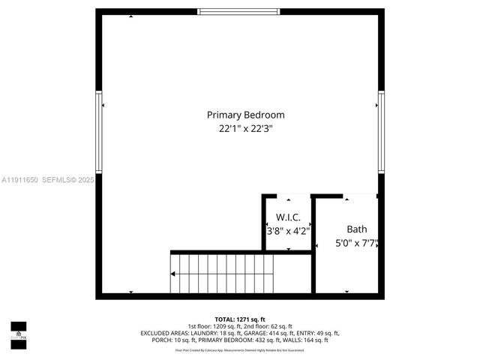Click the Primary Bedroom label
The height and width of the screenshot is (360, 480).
coord(245,115)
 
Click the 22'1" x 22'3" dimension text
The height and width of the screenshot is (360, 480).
coord(245,128)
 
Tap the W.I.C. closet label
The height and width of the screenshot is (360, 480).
coord(288,217)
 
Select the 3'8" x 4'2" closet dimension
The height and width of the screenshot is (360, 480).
coord(288,231)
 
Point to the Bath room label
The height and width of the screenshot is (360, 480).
coord(356,229)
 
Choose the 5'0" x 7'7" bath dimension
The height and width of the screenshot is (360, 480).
coord(355,243)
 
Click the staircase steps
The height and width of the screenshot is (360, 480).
coord(225,274)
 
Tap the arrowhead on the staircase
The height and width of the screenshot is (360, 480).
coord(174,274)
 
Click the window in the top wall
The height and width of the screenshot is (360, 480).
coord(240,12)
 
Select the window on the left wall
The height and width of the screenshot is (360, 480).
coord(98,132)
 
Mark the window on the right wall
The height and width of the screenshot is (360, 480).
coord(381,132)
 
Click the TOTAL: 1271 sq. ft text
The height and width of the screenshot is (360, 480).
coord(240,319)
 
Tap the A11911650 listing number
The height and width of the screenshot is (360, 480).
coord(19,180)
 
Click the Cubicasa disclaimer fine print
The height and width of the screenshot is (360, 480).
coord(240,349)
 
